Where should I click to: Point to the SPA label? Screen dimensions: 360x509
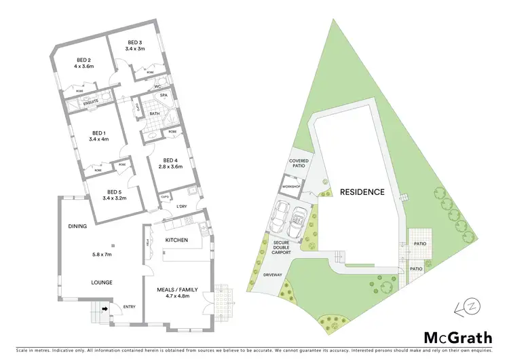point(164,96)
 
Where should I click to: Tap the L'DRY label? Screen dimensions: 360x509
point(182,206)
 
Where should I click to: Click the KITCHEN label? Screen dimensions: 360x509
point(176,240)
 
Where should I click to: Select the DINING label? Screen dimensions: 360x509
point(77,226)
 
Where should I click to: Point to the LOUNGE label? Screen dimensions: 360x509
point(83,282)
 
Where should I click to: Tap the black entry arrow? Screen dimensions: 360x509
point(104,308)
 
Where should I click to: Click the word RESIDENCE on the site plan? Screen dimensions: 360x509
point(362,192)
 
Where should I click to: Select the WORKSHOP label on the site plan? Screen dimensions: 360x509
point(291,185)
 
